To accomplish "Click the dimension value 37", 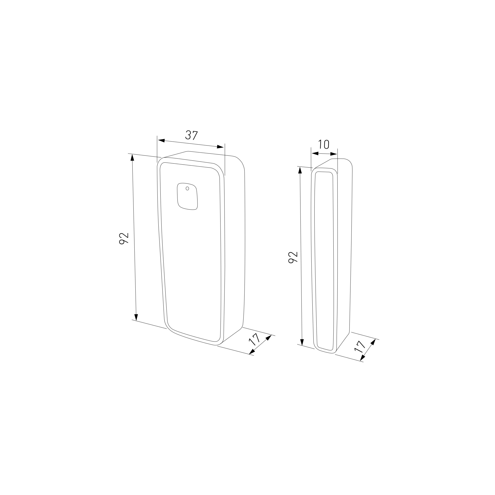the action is click(x=191, y=135).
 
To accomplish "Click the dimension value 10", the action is click(x=323, y=145).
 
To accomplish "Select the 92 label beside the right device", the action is click(x=293, y=257).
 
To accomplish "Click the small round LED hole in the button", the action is click(x=187, y=189).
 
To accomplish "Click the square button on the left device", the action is click(x=187, y=197).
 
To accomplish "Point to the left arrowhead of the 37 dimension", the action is click(x=161, y=140).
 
